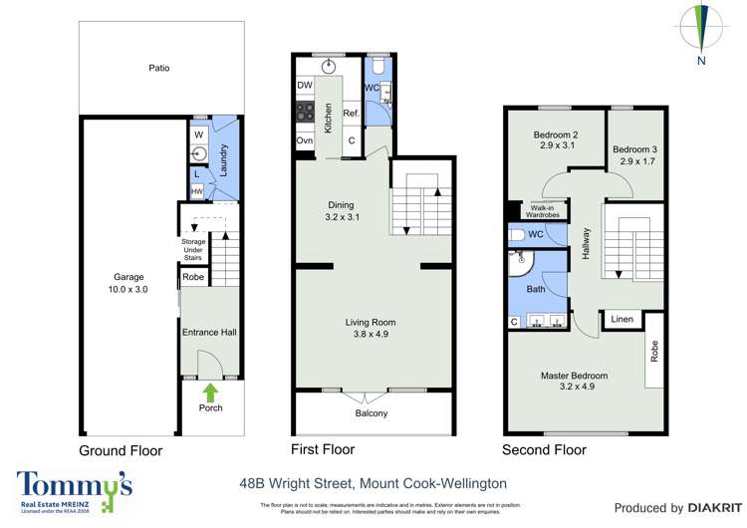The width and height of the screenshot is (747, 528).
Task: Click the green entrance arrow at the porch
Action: tap(210, 391)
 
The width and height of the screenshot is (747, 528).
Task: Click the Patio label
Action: tap(159, 69)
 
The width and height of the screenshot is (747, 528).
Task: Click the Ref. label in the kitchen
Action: tap(351, 114)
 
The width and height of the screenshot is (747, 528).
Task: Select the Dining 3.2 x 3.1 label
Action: tap(342, 209)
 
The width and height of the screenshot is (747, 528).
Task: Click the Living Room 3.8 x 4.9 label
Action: tap(371, 329)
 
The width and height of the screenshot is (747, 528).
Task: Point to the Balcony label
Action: tap(372, 413)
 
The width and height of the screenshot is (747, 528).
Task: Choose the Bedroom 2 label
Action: tap(556, 140)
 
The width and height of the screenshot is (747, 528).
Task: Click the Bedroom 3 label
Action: tap(637, 154)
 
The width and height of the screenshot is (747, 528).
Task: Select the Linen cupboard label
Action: tap(622, 319)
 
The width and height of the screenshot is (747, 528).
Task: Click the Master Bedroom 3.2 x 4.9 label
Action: tap(574, 381)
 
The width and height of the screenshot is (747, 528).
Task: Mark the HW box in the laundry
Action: tap(197, 191)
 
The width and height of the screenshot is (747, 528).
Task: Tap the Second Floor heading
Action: tap(545, 450)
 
